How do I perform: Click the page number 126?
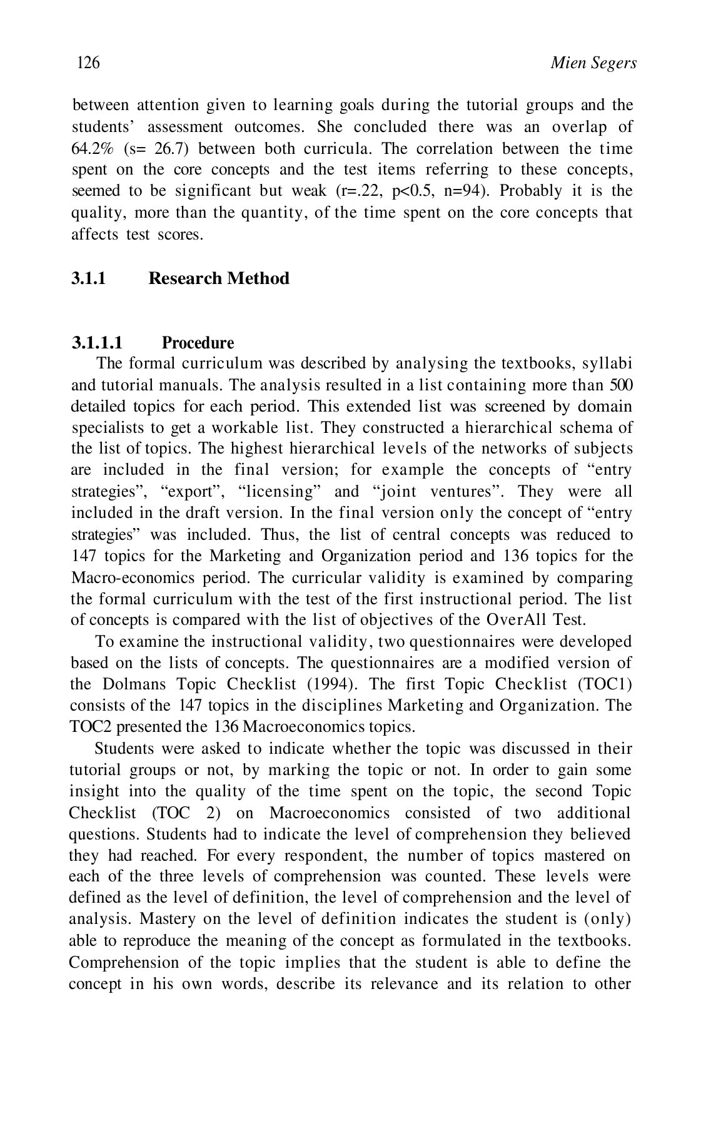click(88, 63)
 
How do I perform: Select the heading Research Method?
click(218, 278)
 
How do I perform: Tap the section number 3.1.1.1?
click(98, 343)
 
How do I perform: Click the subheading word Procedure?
click(198, 343)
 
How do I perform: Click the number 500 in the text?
click(620, 385)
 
